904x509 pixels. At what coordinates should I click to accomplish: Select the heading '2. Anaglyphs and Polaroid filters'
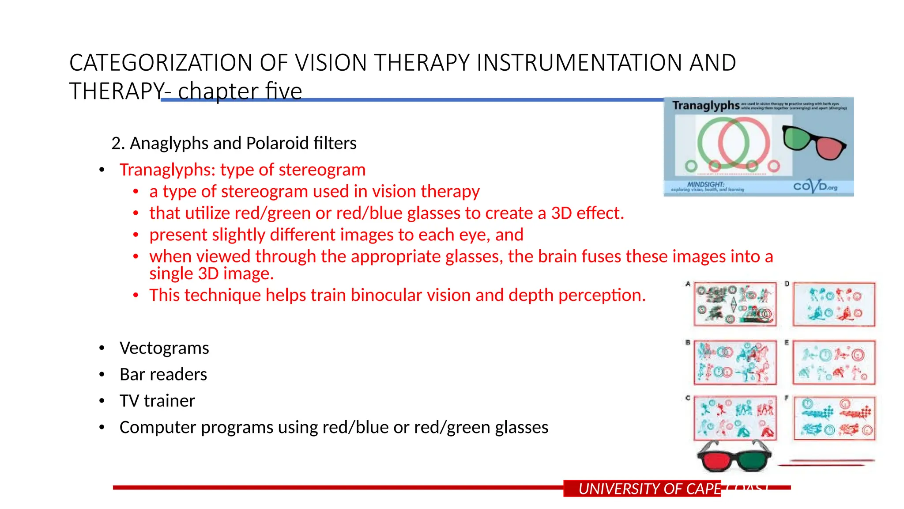(234, 143)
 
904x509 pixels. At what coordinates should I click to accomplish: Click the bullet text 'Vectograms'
(164, 348)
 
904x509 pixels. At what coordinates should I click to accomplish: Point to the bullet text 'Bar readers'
(163, 374)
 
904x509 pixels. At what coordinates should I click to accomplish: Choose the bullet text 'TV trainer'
(157, 401)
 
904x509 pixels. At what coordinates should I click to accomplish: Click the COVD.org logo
(815, 186)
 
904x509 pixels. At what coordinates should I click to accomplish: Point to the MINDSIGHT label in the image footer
(705, 184)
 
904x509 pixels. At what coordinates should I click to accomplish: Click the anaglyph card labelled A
(735, 304)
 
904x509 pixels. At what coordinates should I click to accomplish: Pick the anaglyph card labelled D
(834, 304)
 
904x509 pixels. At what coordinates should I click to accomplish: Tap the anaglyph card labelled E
(834, 362)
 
